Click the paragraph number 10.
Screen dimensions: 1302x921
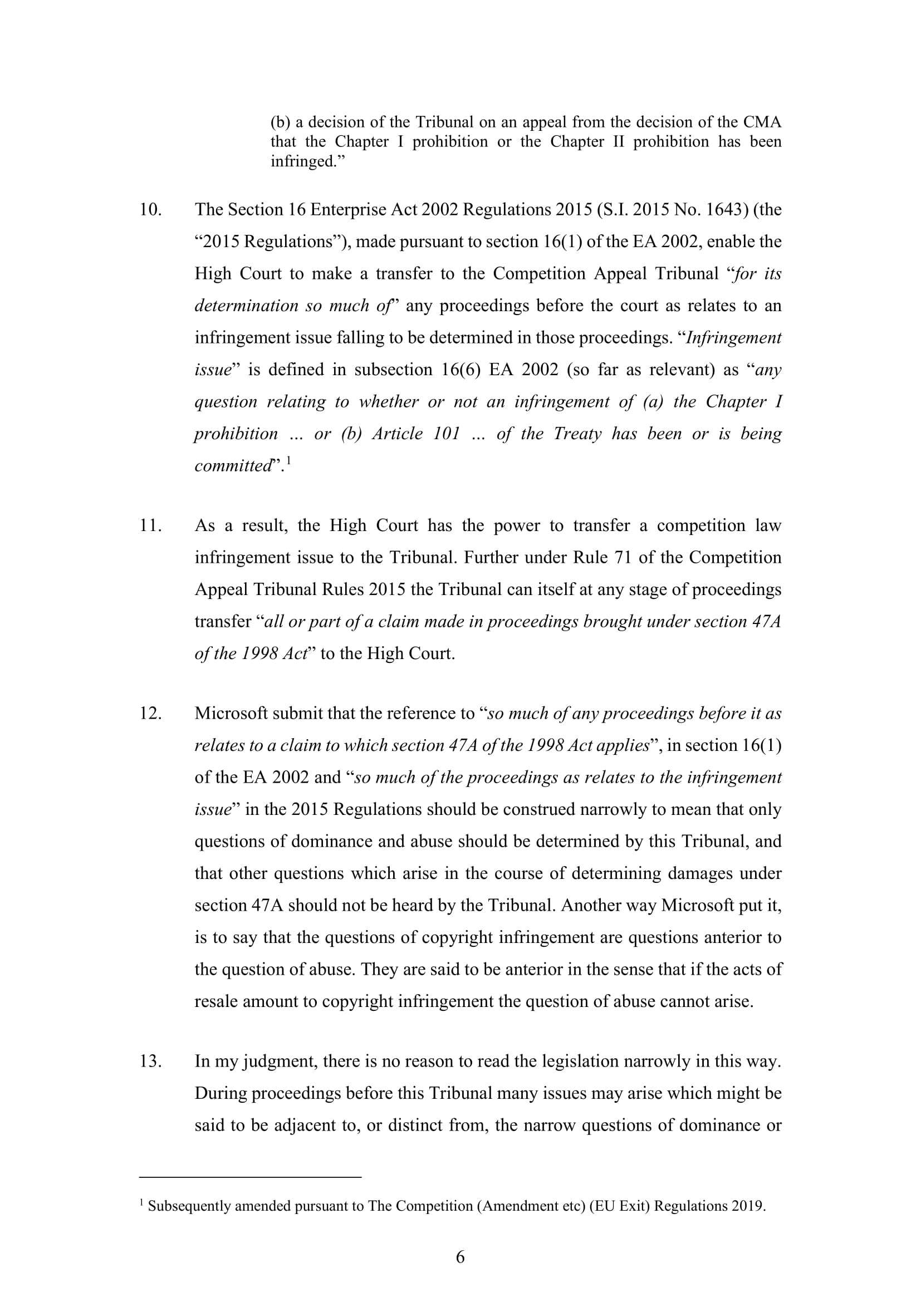(x=150, y=210)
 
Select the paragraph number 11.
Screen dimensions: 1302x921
(x=150, y=525)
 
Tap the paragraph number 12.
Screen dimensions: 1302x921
(x=150, y=714)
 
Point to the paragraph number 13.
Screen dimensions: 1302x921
(x=150, y=1061)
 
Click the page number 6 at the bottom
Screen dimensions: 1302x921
(x=460, y=1257)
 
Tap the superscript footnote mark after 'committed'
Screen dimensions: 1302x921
(x=288, y=461)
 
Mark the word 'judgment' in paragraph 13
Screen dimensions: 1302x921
(x=278, y=1062)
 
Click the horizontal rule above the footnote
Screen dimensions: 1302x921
(x=250, y=1178)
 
